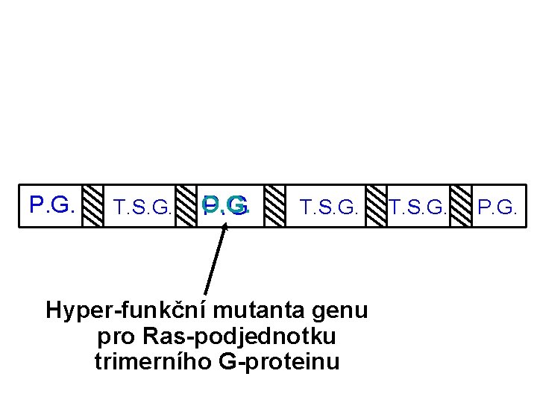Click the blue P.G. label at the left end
coord(51,204)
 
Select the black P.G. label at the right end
coord(496,206)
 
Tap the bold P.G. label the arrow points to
coord(226,205)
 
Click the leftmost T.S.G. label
coord(141,207)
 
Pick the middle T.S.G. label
coord(329,207)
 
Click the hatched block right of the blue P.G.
coord(92,205)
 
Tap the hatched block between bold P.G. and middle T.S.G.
coord(275,205)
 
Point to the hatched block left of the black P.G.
coord(460,205)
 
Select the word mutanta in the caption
coord(250,310)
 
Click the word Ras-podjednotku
coord(236,337)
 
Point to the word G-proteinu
coord(280,362)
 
